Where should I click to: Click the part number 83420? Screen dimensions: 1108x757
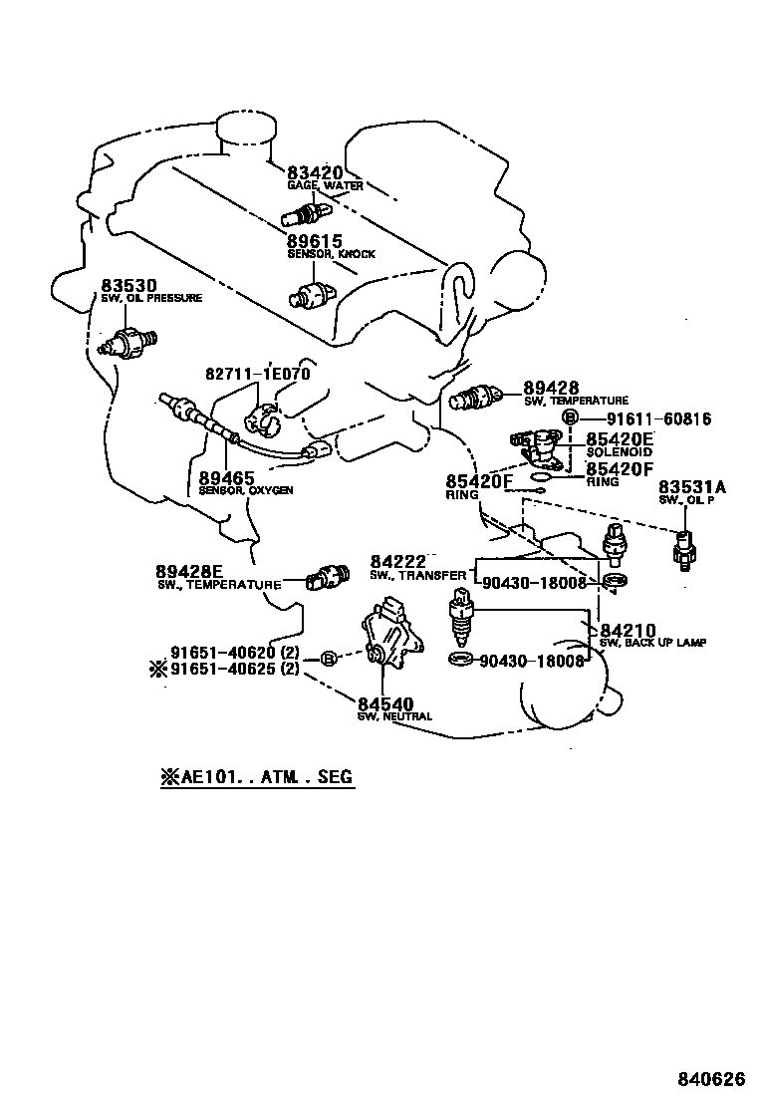point(315,173)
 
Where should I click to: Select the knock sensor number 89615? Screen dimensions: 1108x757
point(315,241)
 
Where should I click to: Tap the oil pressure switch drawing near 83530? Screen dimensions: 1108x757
point(126,342)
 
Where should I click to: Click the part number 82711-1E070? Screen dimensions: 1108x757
point(258,374)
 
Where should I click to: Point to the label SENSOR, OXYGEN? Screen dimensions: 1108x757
point(245,490)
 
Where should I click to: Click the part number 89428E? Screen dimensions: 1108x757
point(188,571)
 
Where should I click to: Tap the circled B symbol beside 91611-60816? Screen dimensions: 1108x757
point(570,418)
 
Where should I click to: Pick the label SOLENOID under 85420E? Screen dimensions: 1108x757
point(619,452)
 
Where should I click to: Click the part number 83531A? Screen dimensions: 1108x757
point(692,486)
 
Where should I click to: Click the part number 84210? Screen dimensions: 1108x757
point(628,631)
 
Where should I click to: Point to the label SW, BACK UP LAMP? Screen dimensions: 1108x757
point(653,644)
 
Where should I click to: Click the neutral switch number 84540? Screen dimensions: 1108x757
point(384,704)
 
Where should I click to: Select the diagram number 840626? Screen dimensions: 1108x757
point(711,1079)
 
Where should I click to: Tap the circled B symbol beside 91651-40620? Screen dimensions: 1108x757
point(326,659)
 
